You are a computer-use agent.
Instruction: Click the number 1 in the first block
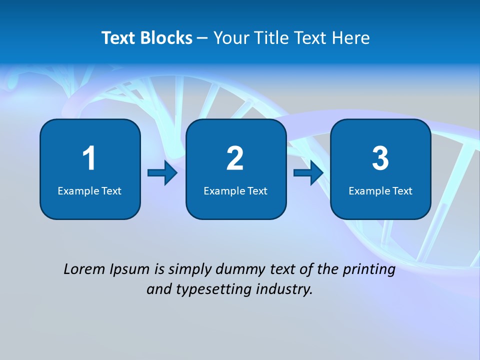coord(89,158)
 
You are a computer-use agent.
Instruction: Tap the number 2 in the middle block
coord(235,158)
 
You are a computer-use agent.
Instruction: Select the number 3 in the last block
coord(380,158)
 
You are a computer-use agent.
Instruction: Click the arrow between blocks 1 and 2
coord(162,173)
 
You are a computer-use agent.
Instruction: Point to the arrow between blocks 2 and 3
coord(308,173)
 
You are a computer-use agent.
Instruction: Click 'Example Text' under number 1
coord(89,190)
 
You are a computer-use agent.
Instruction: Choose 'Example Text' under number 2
coord(235,190)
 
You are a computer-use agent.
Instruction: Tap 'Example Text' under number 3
coord(380,190)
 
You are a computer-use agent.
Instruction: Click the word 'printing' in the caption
coord(368,269)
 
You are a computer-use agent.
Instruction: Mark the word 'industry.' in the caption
coord(284,289)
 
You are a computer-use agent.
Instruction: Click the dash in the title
coord(202,38)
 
